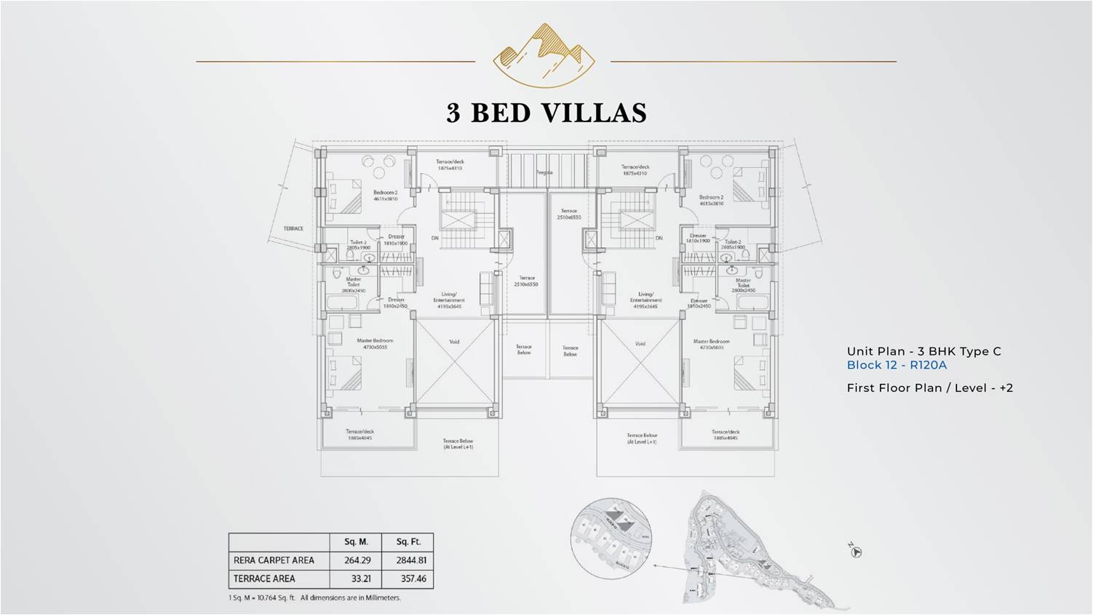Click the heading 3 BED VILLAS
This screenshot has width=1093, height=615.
546,113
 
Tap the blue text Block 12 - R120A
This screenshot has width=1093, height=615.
897,366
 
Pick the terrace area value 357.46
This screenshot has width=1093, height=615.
408,579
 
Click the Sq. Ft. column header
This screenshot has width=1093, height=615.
408,542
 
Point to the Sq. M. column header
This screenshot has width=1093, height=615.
357,542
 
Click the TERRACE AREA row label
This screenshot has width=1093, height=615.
264,579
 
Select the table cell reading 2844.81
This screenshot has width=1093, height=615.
408,560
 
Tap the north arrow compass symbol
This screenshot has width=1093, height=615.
856,552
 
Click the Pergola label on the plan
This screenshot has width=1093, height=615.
544,172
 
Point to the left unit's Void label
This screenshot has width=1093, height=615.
454,342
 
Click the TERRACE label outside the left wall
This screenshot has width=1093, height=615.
293,228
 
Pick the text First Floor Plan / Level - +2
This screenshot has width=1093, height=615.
929,388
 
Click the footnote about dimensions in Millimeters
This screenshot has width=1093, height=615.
314,598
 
